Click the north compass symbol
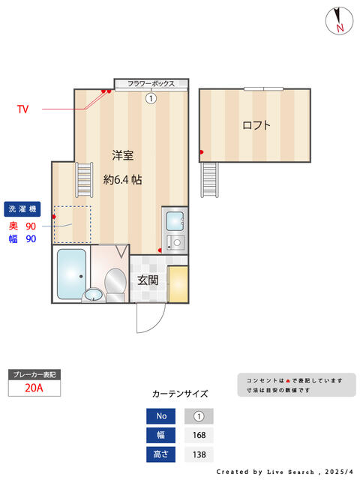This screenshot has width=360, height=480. tap(339, 20)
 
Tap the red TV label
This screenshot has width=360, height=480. tap(23, 109)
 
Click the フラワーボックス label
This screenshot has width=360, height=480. tap(151, 83)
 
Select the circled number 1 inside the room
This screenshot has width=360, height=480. tap(151, 97)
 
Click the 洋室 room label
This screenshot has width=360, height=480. tap(123, 155)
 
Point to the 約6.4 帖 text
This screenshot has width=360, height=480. tap(123, 180)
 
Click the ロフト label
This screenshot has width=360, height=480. tap(256, 125)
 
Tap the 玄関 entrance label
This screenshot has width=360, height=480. tap(148, 280)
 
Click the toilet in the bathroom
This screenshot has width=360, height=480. tap(115, 283)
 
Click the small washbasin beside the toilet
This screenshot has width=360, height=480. tap(93, 293)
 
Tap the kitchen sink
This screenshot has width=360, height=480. tap(175, 221)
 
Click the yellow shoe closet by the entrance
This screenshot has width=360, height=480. tap(178, 283)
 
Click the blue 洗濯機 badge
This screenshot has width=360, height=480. tap(22, 209)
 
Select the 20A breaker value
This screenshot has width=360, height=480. tap(33, 388)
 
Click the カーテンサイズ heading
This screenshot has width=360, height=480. tap(179, 393)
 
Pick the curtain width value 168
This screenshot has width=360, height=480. tap(199, 435)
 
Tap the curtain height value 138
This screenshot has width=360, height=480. tap(199, 454)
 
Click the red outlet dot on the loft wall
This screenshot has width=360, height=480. tap(201, 152)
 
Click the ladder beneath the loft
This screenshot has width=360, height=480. tap(210, 179)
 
